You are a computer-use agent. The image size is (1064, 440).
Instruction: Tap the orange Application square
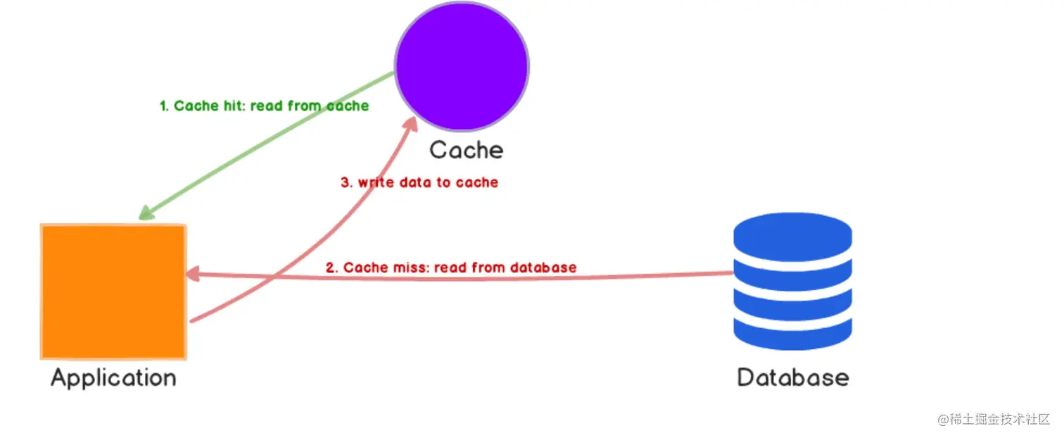click(113, 291)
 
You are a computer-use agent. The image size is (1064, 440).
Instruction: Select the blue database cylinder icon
click(792, 281)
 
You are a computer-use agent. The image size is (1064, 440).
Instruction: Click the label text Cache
click(466, 150)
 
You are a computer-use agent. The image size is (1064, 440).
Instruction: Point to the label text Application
click(113, 378)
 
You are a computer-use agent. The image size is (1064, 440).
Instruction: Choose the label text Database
click(792, 377)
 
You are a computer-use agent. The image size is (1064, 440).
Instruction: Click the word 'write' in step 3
click(374, 182)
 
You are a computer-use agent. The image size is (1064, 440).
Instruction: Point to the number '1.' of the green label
click(165, 106)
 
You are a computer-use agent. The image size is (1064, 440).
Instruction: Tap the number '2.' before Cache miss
click(332, 268)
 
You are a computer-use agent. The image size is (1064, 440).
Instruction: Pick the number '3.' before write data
click(346, 182)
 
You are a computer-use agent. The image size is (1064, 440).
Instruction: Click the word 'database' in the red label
click(543, 268)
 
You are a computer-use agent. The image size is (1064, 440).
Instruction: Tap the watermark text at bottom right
click(993, 419)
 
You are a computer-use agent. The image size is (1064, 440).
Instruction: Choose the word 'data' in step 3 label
click(415, 182)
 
